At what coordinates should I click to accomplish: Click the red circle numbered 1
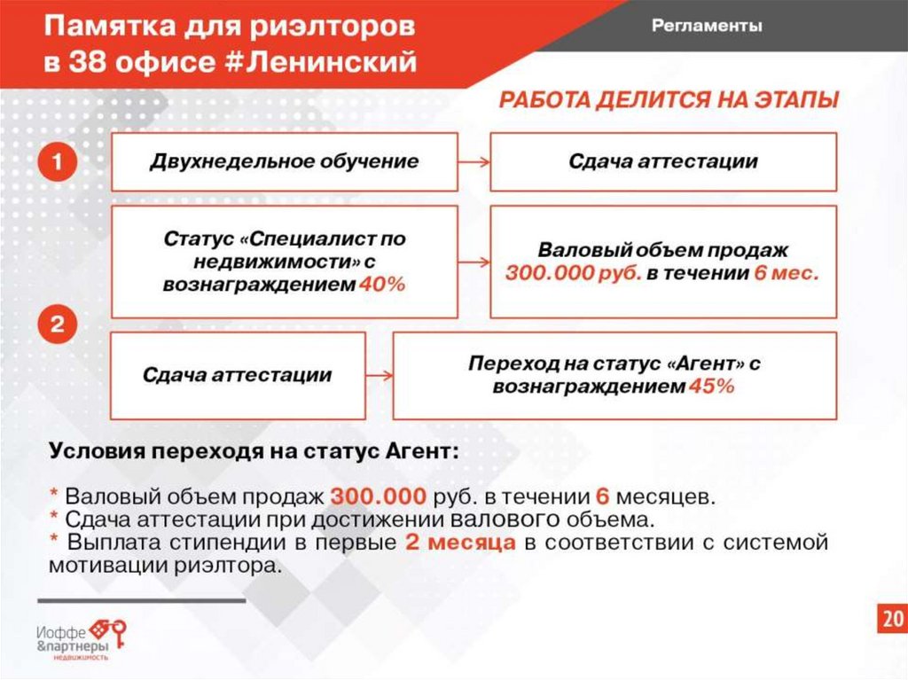coord(57,162)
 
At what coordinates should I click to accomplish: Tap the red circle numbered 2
coord(57,325)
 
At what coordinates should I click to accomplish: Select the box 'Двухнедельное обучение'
coord(284,162)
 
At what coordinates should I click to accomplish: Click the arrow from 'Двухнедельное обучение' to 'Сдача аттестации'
coord(474,162)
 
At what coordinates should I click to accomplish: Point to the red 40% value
coord(382,285)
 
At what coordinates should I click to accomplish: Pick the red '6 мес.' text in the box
coord(787,274)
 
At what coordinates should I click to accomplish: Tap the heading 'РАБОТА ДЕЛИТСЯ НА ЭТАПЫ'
coord(669,100)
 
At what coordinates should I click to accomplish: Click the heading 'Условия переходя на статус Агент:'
coord(254,449)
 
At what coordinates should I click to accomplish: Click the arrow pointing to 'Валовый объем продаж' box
coord(474,262)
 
